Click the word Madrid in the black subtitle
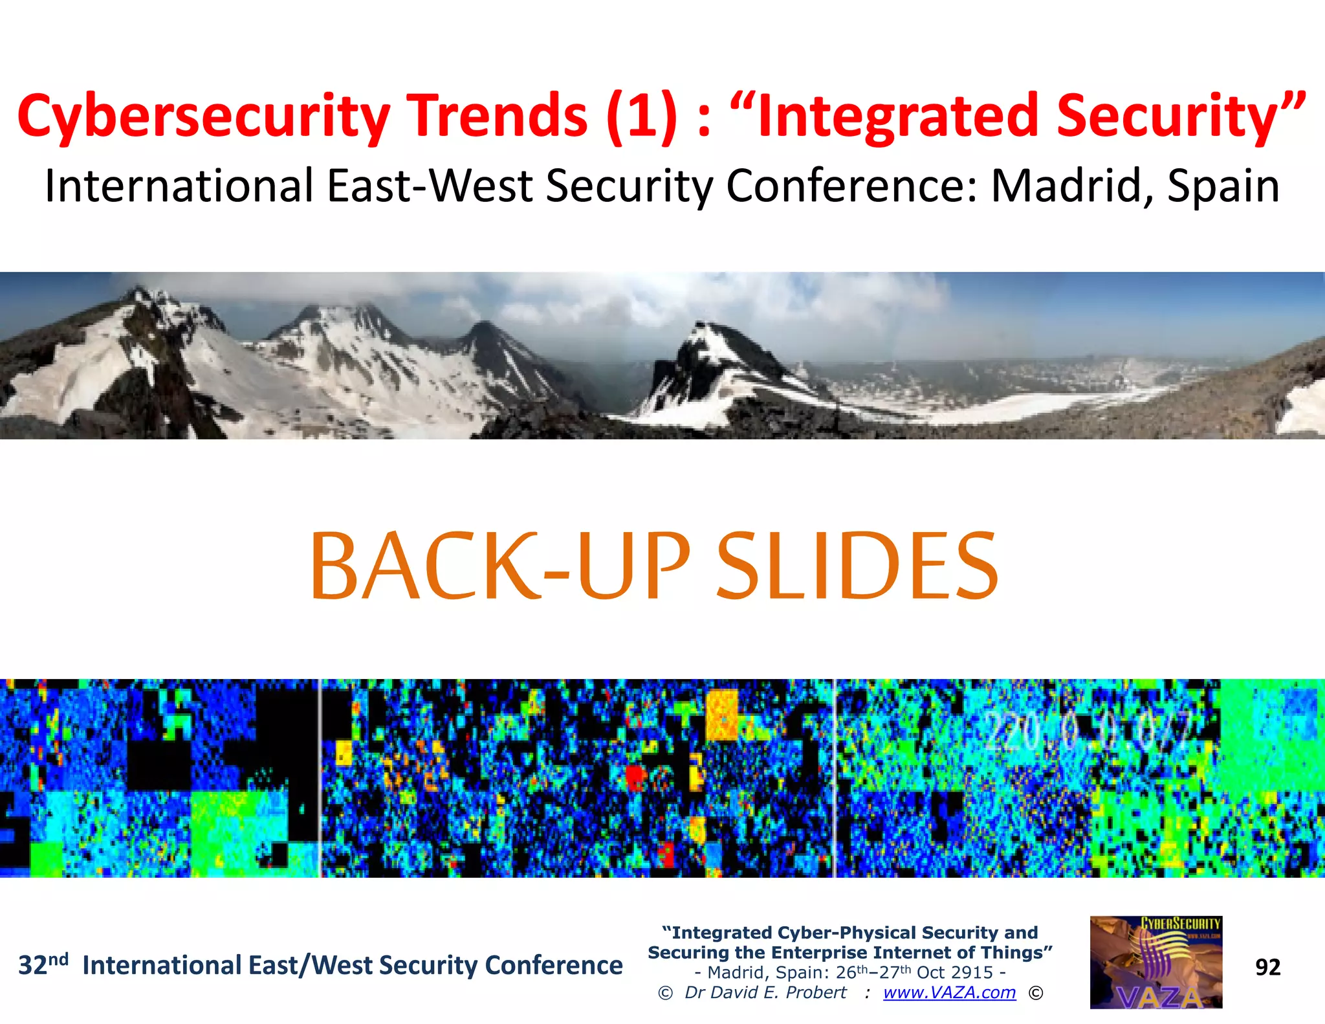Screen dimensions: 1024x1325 coord(1071,187)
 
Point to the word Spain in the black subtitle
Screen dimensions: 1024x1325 coord(1223,187)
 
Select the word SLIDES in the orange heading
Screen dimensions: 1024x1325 coord(858,566)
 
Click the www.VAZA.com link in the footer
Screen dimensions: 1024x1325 coord(949,992)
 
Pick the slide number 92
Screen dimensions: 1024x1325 coord(1267,967)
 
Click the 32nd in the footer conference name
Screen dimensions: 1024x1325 coord(43,964)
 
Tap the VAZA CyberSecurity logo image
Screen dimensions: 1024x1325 coord(1155,962)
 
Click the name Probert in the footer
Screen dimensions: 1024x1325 coord(816,992)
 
